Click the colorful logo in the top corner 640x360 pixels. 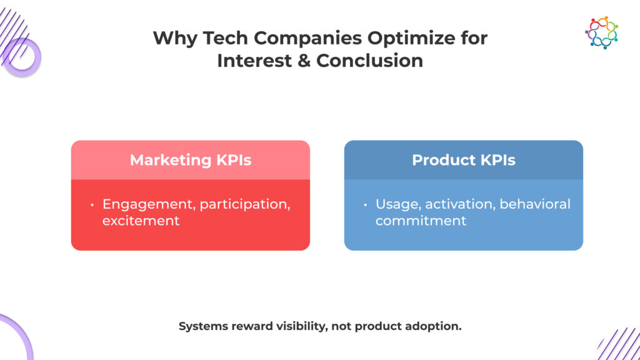click(x=601, y=32)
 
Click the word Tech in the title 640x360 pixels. click(x=225, y=38)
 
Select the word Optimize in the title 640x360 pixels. click(x=411, y=39)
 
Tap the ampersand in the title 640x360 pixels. click(x=304, y=61)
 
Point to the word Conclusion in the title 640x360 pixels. click(x=369, y=61)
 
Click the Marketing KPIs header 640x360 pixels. click(x=191, y=160)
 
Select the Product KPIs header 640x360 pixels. click(x=464, y=160)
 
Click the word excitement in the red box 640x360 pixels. click(x=141, y=221)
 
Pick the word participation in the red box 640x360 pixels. click(x=245, y=204)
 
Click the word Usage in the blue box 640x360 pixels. click(x=398, y=204)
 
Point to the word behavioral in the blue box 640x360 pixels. click(x=535, y=204)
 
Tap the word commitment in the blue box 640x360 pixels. click(x=421, y=221)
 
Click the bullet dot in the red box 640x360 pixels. click(x=92, y=204)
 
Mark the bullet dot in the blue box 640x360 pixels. click(x=365, y=204)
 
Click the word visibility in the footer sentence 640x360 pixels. click(x=302, y=326)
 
